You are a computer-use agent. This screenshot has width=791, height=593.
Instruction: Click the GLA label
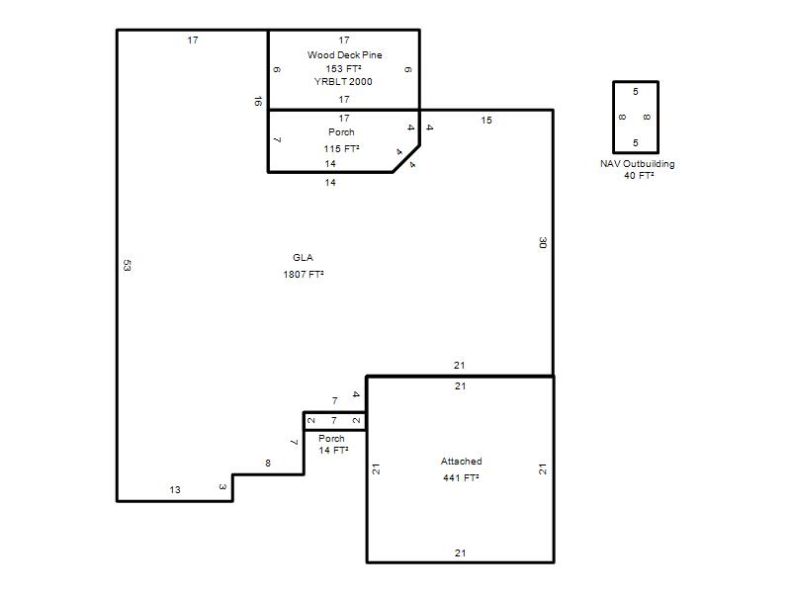click(x=303, y=258)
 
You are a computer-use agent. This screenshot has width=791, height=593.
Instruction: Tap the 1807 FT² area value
click(x=304, y=275)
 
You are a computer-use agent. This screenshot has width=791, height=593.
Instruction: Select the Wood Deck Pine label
click(x=344, y=55)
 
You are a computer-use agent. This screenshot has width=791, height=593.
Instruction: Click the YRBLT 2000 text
click(x=343, y=82)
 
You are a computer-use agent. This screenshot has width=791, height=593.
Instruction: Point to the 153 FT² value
click(x=343, y=68)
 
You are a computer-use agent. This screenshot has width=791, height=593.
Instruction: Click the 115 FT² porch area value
click(x=341, y=149)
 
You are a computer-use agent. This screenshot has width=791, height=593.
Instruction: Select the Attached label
click(x=461, y=462)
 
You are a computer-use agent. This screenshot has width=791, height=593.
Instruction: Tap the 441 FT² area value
click(x=461, y=478)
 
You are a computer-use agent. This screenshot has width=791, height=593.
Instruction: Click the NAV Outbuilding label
click(x=637, y=164)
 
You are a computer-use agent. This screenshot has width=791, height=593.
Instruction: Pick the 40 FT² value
click(x=639, y=176)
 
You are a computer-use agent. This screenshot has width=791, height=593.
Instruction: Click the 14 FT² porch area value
click(x=333, y=451)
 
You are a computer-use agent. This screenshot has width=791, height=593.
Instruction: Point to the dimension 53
click(x=128, y=265)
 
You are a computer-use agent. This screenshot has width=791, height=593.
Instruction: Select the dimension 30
click(x=543, y=242)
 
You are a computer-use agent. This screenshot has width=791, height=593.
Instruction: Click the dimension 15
click(x=486, y=121)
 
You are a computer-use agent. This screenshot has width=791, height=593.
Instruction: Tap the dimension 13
click(x=175, y=489)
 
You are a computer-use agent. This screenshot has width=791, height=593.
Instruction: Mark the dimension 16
click(x=258, y=102)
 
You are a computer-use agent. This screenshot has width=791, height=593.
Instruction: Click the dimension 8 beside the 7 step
click(x=268, y=463)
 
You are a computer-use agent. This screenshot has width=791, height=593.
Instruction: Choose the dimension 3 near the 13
click(x=222, y=487)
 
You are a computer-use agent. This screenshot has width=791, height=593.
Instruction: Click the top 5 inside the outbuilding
click(x=636, y=92)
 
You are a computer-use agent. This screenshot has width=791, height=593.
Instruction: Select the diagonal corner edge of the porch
click(x=406, y=159)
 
